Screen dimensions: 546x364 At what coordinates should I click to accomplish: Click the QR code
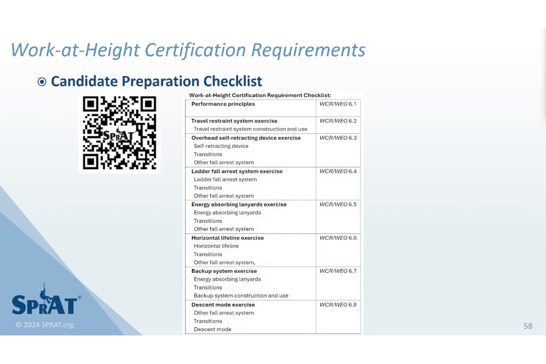(119, 133)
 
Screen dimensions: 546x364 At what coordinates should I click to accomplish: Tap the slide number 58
(528, 326)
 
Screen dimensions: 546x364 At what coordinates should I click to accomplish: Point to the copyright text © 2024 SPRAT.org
(45, 325)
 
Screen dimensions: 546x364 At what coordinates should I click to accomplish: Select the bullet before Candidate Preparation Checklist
(42, 82)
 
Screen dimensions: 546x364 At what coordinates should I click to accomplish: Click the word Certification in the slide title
(195, 50)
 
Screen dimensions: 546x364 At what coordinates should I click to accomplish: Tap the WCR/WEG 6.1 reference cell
(338, 104)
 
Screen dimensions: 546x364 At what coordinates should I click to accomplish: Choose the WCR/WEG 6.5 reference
(338, 204)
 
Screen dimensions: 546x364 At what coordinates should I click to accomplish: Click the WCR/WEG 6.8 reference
(338, 305)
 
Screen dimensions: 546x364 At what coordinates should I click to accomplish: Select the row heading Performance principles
(223, 104)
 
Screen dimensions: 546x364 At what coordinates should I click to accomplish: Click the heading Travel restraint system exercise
(234, 121)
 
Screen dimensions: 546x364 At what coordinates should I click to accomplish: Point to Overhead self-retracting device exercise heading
(246, 138)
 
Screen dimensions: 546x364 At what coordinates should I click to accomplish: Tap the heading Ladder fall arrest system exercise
(237, 171)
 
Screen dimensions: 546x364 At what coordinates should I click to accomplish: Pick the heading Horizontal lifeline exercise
(227, 238)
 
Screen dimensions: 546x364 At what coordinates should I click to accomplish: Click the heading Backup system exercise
(224, 271)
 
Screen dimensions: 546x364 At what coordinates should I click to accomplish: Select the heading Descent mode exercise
(223, 305)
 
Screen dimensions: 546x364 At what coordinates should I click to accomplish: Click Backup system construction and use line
(241, 296)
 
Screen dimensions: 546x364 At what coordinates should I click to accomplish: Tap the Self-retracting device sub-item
(221, 146)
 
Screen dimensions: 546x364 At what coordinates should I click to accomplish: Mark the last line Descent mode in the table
(213, 330)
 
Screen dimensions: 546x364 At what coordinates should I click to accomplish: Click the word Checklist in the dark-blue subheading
(233, 81)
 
